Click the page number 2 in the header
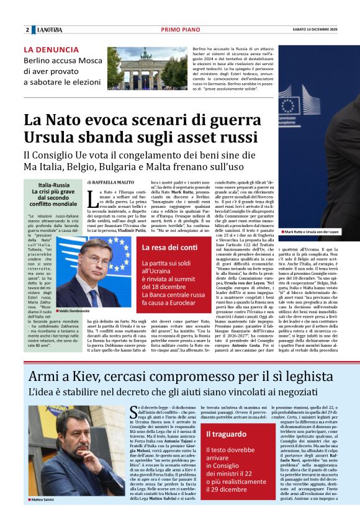[27, 30]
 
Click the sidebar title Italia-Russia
[54, 185]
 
